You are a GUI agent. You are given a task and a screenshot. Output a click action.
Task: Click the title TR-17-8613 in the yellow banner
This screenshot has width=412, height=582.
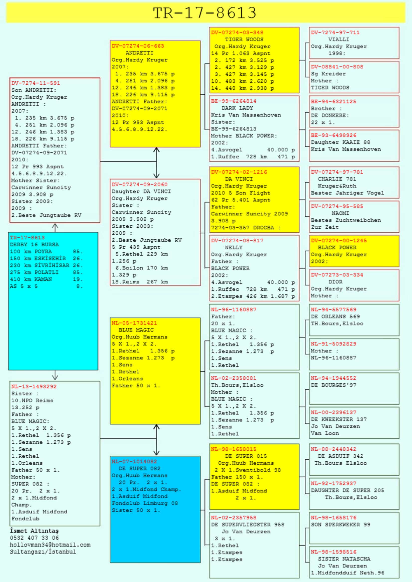(205, 13)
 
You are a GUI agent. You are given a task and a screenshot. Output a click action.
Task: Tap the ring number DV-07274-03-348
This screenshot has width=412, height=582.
(237, 32)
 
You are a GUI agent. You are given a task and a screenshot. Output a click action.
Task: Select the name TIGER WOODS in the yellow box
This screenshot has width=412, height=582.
(244, 40)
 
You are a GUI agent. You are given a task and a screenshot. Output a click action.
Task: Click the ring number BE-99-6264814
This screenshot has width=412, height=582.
(234, 101)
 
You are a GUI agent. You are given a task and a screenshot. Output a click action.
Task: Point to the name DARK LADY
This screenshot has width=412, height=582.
(237, 108)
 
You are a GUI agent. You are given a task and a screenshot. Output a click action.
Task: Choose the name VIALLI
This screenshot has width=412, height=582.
(339, 40)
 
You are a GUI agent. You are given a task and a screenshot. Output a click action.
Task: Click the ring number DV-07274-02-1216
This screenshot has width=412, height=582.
(239, 172)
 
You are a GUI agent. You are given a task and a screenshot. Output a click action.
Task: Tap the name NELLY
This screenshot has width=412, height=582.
(234, 247)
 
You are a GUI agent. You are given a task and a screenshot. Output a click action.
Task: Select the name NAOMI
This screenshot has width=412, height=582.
(340, 213)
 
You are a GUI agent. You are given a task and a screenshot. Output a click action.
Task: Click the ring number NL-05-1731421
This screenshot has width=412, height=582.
(134, 323)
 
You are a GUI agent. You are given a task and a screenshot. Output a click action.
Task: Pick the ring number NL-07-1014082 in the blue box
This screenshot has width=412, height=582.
(134, 461)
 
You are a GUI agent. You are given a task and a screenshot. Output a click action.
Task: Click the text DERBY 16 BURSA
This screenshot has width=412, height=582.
(34, 245)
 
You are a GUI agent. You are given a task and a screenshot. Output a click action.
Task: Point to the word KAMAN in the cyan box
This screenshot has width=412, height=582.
(43, 279)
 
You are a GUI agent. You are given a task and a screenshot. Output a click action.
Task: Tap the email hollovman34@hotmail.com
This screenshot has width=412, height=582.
(50, 545)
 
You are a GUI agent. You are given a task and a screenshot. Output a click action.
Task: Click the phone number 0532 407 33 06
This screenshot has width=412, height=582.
(34, 538)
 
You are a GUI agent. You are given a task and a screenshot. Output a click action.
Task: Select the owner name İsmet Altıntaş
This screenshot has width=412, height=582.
(34, 530)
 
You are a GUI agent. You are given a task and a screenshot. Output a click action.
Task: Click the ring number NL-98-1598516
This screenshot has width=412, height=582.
(333, 552)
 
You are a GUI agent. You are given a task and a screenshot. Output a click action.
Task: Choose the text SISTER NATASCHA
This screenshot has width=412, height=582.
(344, 559)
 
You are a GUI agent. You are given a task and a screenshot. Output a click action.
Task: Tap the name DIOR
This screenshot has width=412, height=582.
(335, 282)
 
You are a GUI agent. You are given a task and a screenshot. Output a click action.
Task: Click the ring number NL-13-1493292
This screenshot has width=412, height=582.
(34, 387)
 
